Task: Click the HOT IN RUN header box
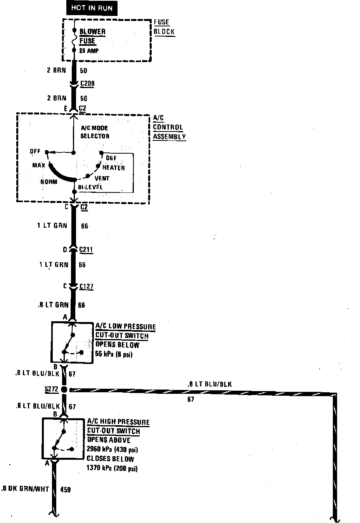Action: click(92, 8)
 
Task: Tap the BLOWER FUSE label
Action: click(92, 36)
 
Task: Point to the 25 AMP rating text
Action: click(89, 51)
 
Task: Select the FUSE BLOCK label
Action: click(164, 27)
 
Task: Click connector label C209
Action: click(87, 83)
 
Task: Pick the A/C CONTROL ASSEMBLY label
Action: click(169, 127)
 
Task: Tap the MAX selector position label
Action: click(39, 166)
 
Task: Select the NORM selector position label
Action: click(49, 182)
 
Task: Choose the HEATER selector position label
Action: click(113, 168)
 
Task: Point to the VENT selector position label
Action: click(102, 178)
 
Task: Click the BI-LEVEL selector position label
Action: click(91, 187)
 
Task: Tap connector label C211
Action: click(86, 249)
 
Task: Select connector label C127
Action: click(86, 287)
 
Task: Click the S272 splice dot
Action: click(64, 389)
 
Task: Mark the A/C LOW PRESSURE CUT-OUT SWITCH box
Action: click(72, 342)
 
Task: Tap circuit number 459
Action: click(66, 490)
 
